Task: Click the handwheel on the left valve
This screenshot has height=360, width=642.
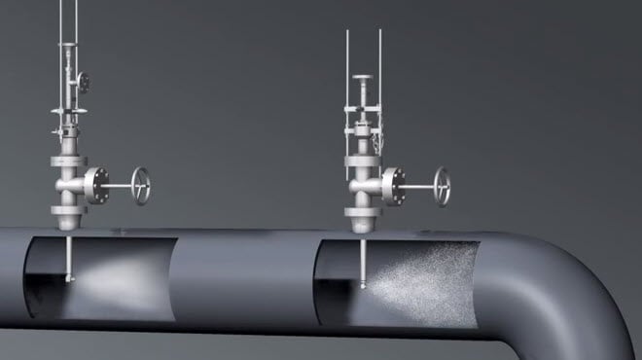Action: [x=143, y=185]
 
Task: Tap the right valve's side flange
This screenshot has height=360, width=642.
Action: [x=393, y=183]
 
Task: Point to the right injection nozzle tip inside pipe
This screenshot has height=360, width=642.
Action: [x=362, y=285]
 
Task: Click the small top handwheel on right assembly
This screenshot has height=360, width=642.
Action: [x=363, y=78]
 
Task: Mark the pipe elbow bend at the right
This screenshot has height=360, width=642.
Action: [x=584, y=282]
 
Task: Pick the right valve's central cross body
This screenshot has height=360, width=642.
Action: [x=364, y=183]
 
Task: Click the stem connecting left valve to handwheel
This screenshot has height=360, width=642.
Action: [x=120, y=185]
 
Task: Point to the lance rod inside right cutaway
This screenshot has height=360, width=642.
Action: [x=362, y=261]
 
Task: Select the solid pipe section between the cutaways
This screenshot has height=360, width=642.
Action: [x=243, y=277]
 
